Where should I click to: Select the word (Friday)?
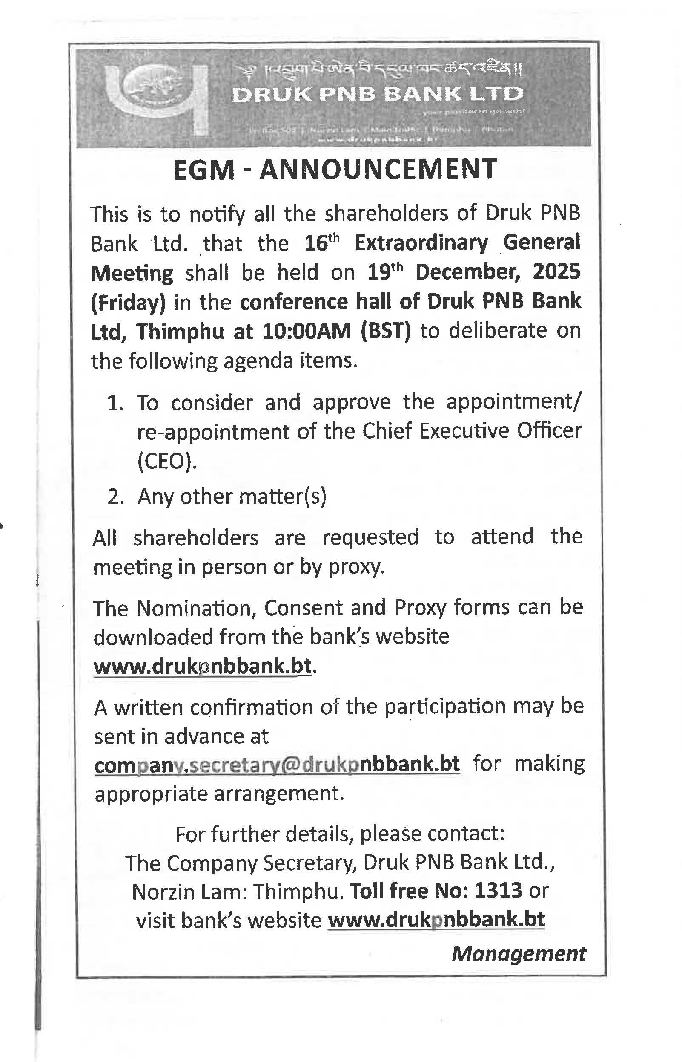[129, 303]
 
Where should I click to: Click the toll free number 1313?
[498, 890]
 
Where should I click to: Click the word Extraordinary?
[421, 243]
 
